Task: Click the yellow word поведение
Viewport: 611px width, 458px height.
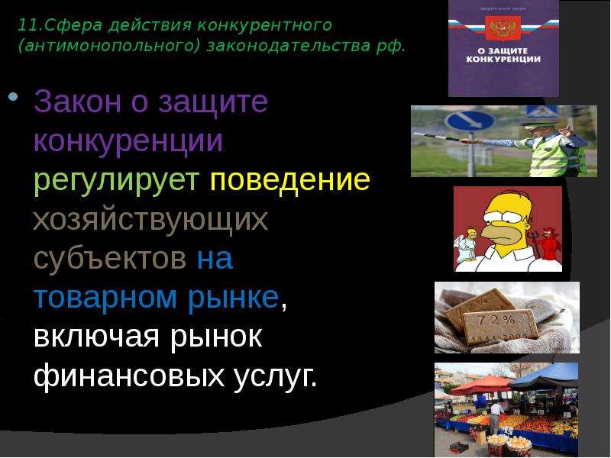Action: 290,179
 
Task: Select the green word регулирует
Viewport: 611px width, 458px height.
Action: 117,182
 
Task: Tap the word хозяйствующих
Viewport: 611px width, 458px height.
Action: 150,221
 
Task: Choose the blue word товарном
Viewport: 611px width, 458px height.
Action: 105,298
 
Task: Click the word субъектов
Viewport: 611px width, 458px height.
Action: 110,260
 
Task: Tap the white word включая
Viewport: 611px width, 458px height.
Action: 97,337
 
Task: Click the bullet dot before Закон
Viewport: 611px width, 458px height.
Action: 13,96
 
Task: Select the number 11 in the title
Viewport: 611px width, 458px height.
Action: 27,25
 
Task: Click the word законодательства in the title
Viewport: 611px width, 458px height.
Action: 288,46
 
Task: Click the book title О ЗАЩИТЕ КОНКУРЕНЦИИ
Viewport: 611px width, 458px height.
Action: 503,55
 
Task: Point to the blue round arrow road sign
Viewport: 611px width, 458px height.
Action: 470,121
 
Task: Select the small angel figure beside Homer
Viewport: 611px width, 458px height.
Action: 466,245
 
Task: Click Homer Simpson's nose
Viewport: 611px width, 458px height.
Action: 493,232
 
